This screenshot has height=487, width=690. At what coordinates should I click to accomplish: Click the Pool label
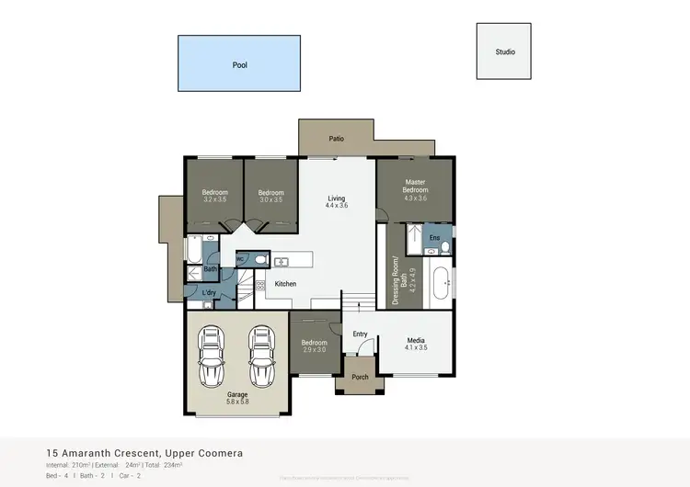click(239, 65)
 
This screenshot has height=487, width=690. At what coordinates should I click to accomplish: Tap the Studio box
click(504, 52)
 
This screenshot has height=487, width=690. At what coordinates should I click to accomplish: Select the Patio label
click(337, 139)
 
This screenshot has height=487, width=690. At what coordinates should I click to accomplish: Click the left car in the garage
click(213, 357)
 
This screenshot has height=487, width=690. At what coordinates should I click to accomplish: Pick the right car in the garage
click(262, 357)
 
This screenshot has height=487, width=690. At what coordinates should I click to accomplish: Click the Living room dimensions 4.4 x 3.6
click(337, 207)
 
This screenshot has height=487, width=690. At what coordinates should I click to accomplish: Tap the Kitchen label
click(286, 284)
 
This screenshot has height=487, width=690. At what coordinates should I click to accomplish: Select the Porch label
click(360, 377)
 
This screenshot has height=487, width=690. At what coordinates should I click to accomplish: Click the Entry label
click(360, 334)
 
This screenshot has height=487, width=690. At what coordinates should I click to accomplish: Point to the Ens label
click(434, 238)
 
